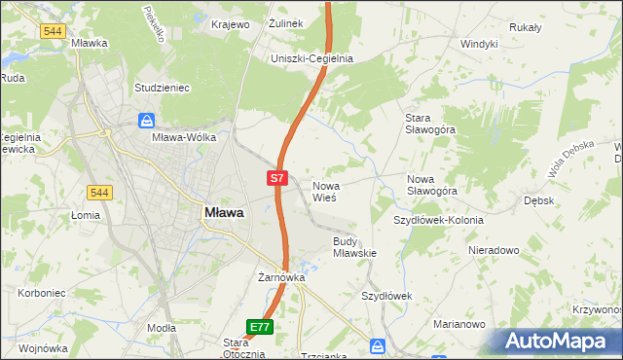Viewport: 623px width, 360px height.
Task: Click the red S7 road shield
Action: click(277, 178)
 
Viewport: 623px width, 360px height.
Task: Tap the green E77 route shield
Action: click(259, 328)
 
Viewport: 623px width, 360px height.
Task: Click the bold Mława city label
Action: click(224, 212)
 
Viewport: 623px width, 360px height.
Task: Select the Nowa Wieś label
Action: click(324, 191)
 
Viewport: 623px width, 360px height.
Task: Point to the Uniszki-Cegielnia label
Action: click(311, 58)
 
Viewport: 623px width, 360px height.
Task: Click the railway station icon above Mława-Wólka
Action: click(146, 121)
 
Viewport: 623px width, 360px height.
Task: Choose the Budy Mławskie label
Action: click(354, 247)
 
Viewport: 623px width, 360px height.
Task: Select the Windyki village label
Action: click(479, 44)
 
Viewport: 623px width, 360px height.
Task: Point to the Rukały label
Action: click(525, 27)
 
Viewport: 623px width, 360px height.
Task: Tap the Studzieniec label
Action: click(162, 88)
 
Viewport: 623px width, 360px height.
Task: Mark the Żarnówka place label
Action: click(281, 277)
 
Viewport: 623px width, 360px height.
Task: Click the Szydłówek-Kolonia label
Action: click(438, 220)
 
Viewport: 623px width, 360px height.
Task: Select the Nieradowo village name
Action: click(494, 250)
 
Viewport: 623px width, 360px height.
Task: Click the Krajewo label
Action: click(231, 23)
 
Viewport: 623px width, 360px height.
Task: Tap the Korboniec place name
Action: click(41, 292)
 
